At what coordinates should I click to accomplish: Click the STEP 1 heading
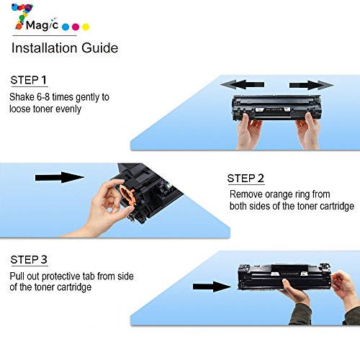pos(29,80)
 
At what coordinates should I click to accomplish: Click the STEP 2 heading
pos(246,179)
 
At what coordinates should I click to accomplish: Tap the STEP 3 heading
pos(29,260)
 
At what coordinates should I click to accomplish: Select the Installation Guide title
pos(65,48)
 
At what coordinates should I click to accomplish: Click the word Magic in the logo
pos(42,25)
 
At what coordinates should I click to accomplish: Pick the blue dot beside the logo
pos(66,27)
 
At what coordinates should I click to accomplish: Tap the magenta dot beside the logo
pos(76,27)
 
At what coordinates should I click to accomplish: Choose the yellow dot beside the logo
pos(86,27)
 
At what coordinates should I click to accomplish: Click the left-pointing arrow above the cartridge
pos(242,84)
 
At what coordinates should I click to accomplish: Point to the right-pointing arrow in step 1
pos(312,85)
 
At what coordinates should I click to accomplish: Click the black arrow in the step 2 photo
pos(60,177)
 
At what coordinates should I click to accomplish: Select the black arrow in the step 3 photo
pos(212,287)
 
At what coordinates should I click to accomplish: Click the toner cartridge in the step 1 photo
pos(276,107)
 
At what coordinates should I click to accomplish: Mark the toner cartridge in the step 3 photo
pos(284,276)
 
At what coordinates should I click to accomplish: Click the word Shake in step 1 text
pos(22,97)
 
